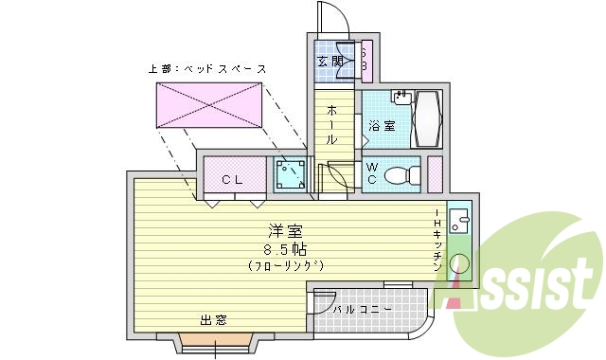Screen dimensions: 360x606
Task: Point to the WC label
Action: pyautogui.click(x=373, y=174)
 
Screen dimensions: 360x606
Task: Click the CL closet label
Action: pyautogui.click(x=232, y=179)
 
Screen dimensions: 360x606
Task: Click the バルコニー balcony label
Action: pyautogui.click(x=357, y=309)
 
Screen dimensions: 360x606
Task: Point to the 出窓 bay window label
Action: pyautogui.click(x=213, y=320)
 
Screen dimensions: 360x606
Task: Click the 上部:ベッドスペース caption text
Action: pyautogui.click(x=207, y=69)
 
